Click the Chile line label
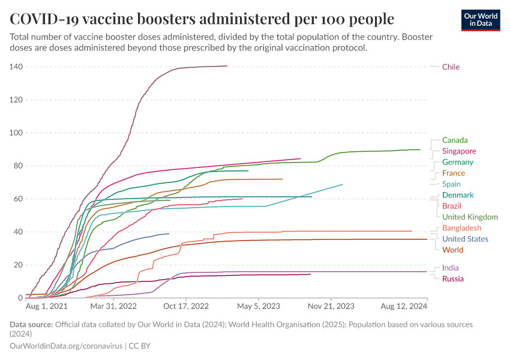tap(451, 67)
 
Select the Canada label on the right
tap(455, 140)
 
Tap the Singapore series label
tap(459, 151)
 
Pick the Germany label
tap(457, 162)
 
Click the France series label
tap(453, 173)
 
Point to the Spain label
tap(451, 184)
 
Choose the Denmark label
tap(457, 195)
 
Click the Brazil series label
tap(451, 206)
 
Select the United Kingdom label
tap(470, 217)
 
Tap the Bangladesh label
tap(461, 228)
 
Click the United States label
tap(465, 239)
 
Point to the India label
tap(451, 268)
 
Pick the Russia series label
tap(452, 279)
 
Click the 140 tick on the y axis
tap(16, 67)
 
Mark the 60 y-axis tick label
tap(18, 199)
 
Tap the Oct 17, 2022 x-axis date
tap(187, 306)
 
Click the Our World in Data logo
tap(481, 20)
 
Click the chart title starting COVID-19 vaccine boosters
tap(202, 19)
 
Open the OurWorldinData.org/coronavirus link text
tap(66, 346)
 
